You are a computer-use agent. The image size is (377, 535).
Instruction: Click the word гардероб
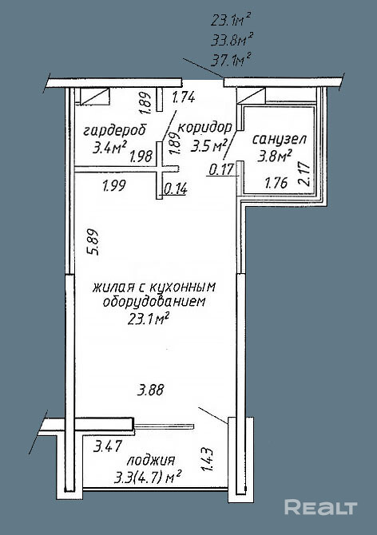(115, 131)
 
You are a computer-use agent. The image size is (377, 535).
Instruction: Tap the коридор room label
(205, 128)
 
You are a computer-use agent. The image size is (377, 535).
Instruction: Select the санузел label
(280, 140)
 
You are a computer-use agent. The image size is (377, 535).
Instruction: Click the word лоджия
(151, 462)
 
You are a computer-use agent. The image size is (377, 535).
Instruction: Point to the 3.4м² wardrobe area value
(109, 148)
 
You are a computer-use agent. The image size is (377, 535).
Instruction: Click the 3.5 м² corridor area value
(209, 146)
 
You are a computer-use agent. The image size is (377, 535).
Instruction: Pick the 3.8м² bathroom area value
(275, 157)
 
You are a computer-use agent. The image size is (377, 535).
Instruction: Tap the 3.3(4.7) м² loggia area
(148, 478)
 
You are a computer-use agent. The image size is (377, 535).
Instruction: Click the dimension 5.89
(93, 242)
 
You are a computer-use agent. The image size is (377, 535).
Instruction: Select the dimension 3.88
(150, 390)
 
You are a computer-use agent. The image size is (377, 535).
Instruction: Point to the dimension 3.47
(108, 446)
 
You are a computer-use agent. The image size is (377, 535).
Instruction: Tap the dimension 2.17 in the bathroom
(304, 173)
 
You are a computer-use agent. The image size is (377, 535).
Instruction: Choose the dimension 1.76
(276, 183)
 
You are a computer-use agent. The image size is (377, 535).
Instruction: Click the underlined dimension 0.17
(221, 169)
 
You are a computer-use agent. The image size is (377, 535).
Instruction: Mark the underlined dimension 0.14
(176, 188)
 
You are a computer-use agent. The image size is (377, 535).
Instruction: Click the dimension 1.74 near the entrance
(184, 97)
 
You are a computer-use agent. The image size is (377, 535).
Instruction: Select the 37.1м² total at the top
(231, 61)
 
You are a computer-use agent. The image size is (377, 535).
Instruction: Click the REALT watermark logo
(321, 507)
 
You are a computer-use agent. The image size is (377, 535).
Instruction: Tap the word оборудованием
(154, 302)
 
